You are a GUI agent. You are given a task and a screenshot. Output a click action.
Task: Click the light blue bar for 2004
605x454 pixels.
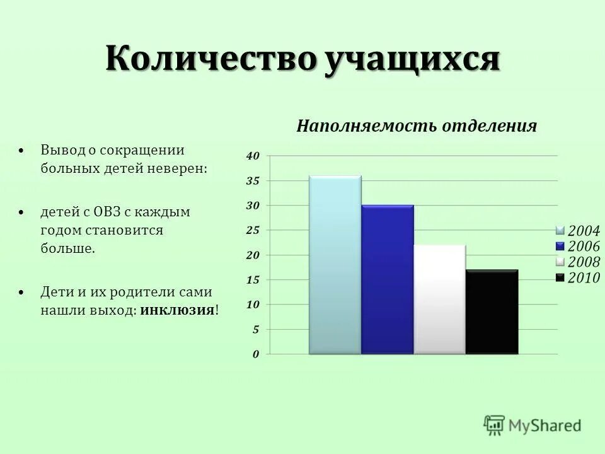pos(335,265)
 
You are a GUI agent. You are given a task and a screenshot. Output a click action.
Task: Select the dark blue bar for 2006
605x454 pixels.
pos(387,279)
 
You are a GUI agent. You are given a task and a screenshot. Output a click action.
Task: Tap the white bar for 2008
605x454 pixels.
pos(439,300)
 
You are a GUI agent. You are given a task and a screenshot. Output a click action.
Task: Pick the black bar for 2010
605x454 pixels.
pos(492,312)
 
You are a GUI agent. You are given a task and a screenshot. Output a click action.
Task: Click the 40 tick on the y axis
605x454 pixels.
pos(252,156)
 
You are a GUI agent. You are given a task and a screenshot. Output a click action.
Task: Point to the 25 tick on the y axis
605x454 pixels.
pos(252,231)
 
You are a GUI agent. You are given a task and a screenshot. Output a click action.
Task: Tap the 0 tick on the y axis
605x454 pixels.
pos(255,354)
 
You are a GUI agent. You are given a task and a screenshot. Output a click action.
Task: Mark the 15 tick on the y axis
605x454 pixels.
pos(252,280)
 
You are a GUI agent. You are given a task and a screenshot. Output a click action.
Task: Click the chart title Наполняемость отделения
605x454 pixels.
pos(417,126)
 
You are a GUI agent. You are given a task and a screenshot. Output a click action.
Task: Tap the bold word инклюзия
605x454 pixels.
pos(178,310)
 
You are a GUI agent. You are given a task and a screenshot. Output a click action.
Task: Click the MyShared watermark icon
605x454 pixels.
pos(495,424)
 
